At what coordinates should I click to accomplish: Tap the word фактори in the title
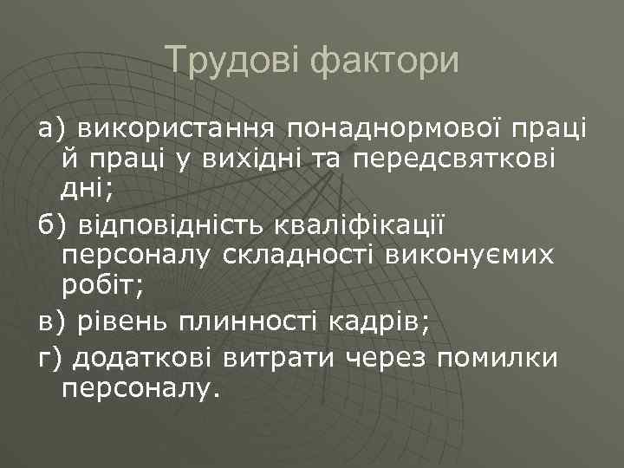(x=380, y=61)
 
